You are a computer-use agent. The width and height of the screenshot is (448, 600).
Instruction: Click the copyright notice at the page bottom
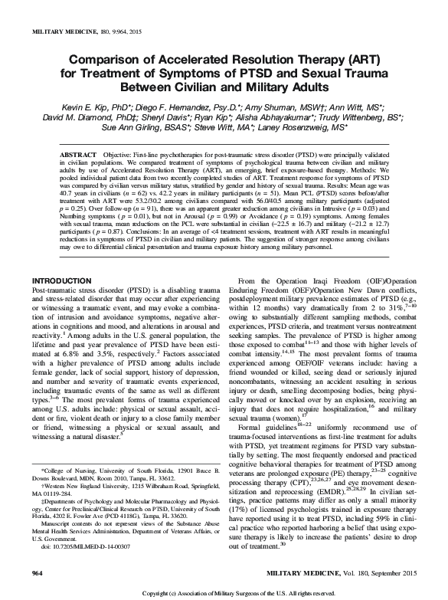click(x=224, y=593)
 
